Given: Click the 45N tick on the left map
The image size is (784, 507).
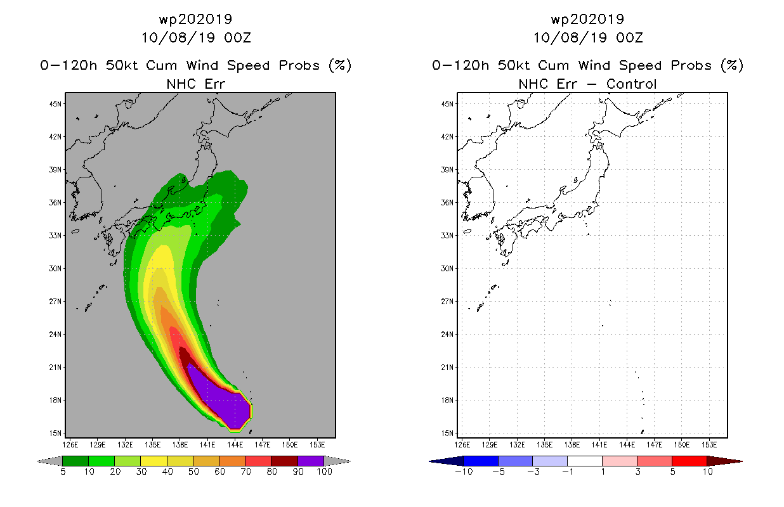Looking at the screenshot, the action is pos(55,104).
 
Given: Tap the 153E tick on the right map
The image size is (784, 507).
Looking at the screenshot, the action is pos(709,445).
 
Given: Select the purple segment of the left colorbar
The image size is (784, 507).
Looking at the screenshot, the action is pos(311,461).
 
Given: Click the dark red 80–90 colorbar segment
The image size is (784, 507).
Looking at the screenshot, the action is pos(285,461).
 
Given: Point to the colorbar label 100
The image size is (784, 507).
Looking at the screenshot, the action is pos(324,472).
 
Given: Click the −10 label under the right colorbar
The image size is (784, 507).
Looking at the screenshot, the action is pos(464,472).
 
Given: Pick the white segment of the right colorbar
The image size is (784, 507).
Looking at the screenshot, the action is pos(585,461).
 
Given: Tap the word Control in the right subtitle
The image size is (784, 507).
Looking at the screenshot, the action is pos(631,84).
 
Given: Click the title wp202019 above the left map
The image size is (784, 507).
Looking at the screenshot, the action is pos(195,19).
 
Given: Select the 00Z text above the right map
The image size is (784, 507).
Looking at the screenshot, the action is pos(629,37).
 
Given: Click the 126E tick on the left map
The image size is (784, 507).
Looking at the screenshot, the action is pos(70,445).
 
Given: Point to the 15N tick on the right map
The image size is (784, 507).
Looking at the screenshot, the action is pos(447,433).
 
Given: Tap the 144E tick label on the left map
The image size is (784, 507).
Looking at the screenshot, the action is pos(235,445).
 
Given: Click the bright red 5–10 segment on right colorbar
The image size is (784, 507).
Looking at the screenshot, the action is pos(689,461).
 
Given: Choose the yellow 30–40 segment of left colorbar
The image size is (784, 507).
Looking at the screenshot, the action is pos(154,461).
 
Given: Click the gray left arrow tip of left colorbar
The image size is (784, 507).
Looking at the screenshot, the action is pos(37,461).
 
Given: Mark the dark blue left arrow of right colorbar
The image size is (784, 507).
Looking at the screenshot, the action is pos(446,461).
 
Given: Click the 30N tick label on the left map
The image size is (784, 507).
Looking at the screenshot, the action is pos(55,269).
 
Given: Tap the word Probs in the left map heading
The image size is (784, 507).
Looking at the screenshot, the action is pos(299,65).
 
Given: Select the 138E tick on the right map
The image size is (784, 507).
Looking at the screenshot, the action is pos(572,445).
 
